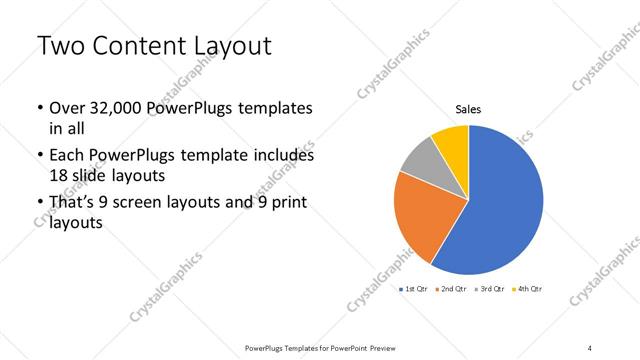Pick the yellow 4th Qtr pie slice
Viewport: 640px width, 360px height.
[x=452, y=140]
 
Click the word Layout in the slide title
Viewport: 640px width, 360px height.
[x=226, y=47]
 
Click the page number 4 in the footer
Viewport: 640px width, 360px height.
[x=590, y=347]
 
